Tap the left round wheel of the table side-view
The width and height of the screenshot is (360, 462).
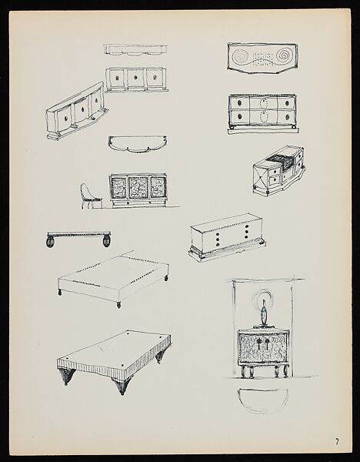click(x=52, y=245)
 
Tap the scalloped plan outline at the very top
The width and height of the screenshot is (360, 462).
click(x=138, y=49)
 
